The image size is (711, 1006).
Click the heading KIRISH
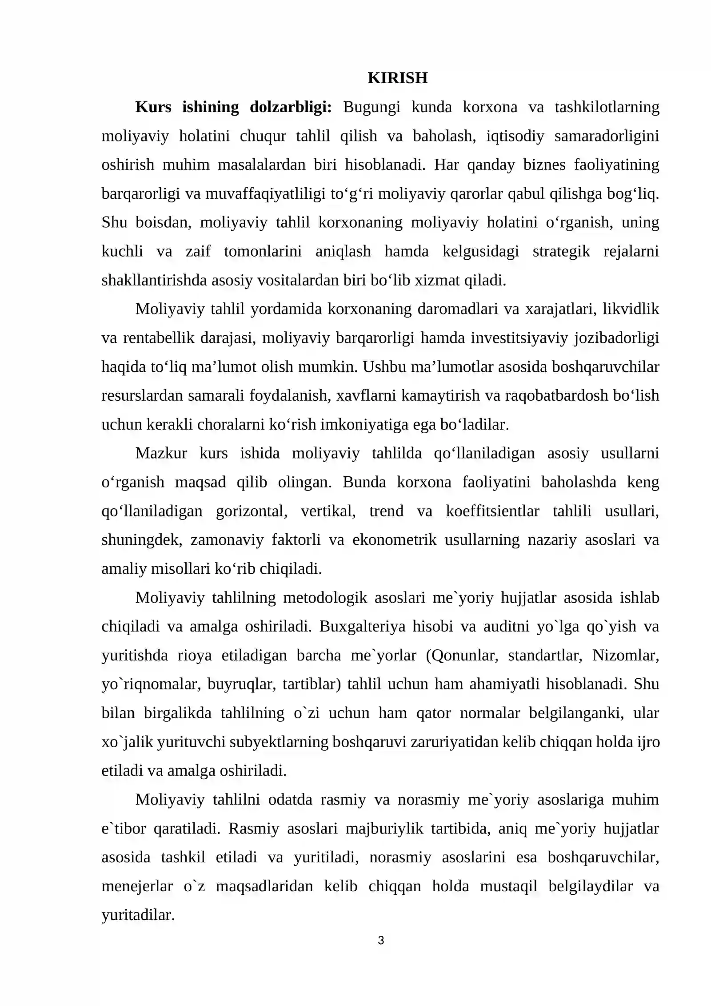(x=397, y=78)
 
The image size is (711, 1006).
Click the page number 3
(x=380, y=940)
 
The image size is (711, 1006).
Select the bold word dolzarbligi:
(x=291, y=107)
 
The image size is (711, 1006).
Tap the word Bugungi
(x=371, y=107)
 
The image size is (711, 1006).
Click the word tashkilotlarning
(x=607, y=107)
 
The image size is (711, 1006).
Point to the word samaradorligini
(x=607, y=136)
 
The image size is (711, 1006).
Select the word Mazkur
(x=161, y=453)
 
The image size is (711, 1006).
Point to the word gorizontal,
(x=252, y=511)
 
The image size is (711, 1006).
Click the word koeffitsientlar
(x=492, y=511)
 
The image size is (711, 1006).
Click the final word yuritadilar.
(x=138, y=915)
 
